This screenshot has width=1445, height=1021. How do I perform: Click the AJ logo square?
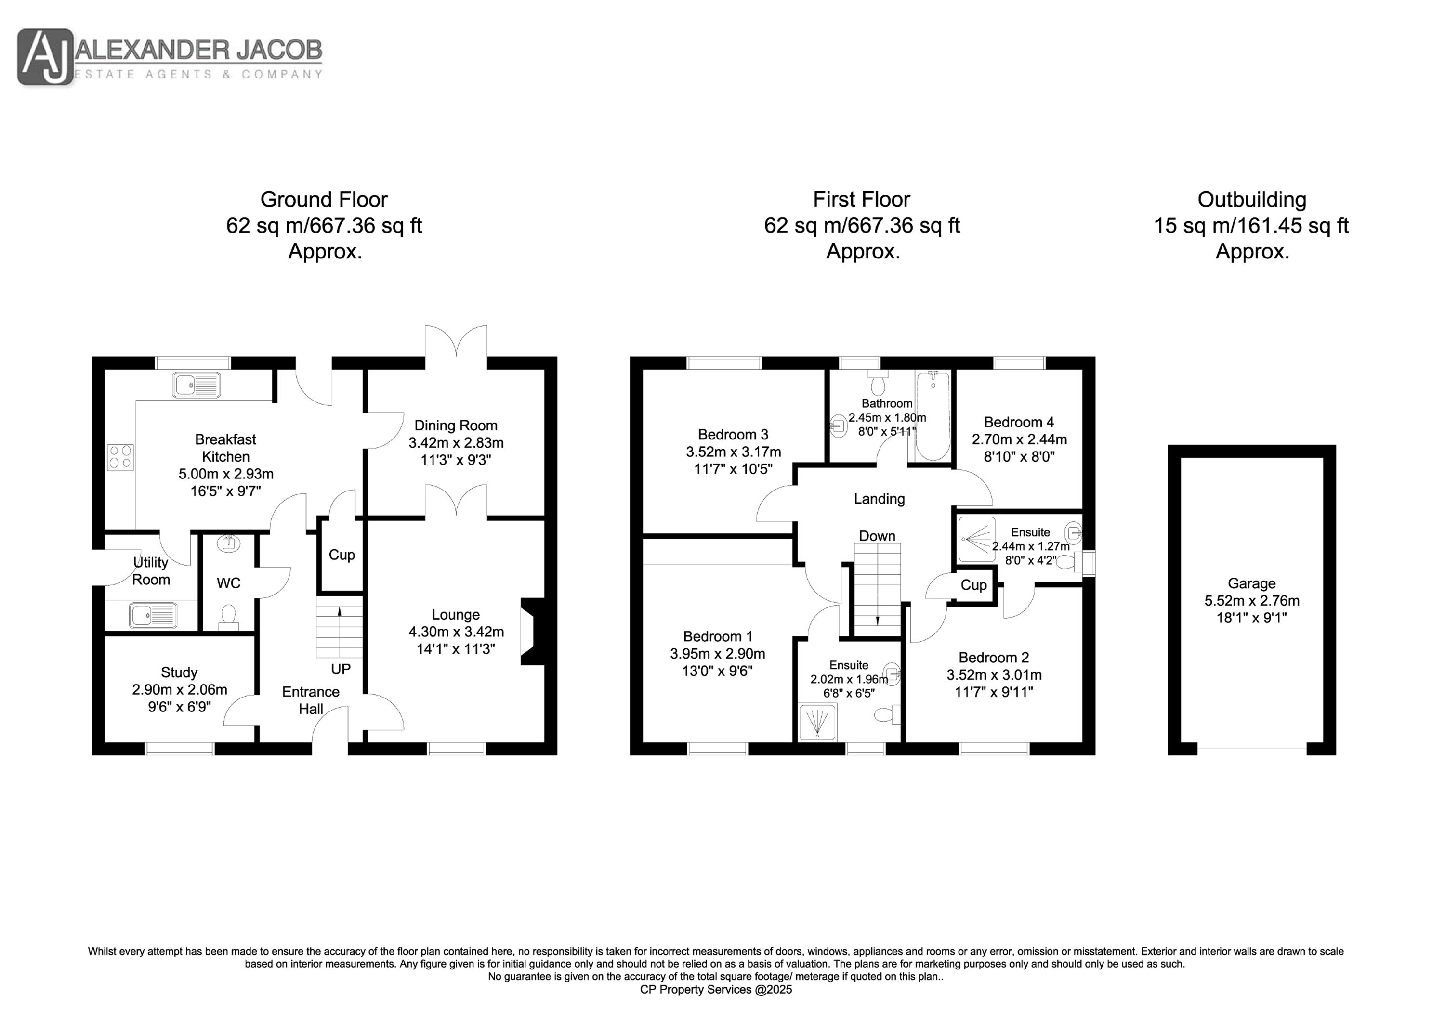[46, 57]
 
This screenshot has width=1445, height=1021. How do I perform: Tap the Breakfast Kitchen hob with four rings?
[121, 457]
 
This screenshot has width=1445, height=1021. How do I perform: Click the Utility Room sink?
[154, 615]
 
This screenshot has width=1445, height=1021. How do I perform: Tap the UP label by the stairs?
[341, 669]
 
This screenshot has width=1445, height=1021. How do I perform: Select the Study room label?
[179, 672]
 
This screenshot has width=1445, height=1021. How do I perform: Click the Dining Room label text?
[456, 426]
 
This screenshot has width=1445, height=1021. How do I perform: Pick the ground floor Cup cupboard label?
[342, 555]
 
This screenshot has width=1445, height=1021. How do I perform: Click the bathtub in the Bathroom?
[933, 416]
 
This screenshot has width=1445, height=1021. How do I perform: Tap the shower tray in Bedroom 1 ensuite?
[817, 722]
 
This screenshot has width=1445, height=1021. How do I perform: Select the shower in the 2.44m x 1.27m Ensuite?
[977, 539]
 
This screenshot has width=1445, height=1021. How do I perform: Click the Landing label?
[879, 499]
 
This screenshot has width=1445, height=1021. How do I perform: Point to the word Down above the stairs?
[877, 536]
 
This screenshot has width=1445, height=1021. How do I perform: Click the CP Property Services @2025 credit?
[716, 990]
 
